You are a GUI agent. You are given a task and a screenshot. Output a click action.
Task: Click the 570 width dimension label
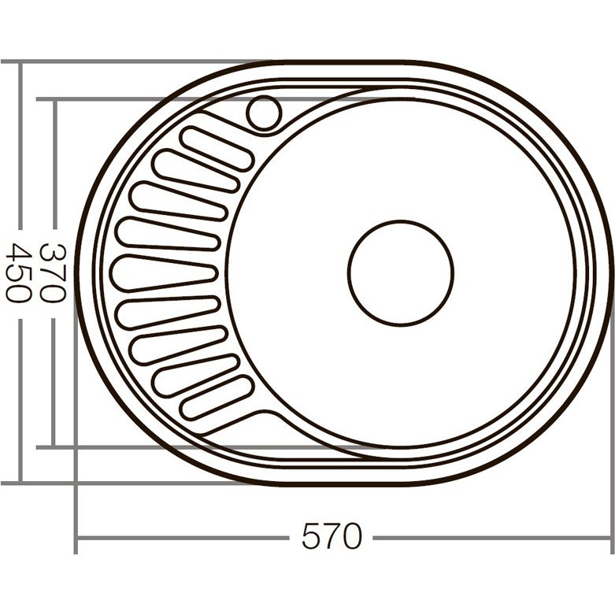click(x=332, y=537)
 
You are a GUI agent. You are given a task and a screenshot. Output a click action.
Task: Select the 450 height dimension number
click(x=17, y=273)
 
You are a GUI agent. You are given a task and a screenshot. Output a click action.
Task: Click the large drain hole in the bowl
click(x=400, y=272)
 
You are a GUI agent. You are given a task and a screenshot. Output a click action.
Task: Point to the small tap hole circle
click(x=263, y=113)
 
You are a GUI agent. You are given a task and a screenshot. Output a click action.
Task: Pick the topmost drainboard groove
click(x=217, y=148)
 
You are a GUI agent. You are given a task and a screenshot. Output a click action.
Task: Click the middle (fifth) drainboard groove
click(x=164, y=272)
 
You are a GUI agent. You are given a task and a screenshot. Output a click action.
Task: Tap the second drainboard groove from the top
click(x=195, y=171)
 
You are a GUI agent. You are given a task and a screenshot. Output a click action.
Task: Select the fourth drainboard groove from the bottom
click(x=168, y=310)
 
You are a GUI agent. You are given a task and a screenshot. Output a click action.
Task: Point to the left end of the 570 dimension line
click(x=77, y=539)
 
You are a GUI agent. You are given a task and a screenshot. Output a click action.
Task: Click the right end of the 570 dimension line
click(x=610, y=539)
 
